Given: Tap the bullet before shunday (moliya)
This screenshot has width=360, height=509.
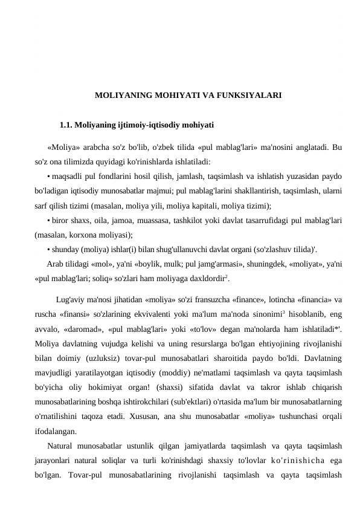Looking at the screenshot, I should (x=48, y=248).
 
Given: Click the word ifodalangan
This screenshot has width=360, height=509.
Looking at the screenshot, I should (x=55, y=432).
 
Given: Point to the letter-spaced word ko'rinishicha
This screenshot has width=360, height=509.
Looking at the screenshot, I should (x=291, y=461).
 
